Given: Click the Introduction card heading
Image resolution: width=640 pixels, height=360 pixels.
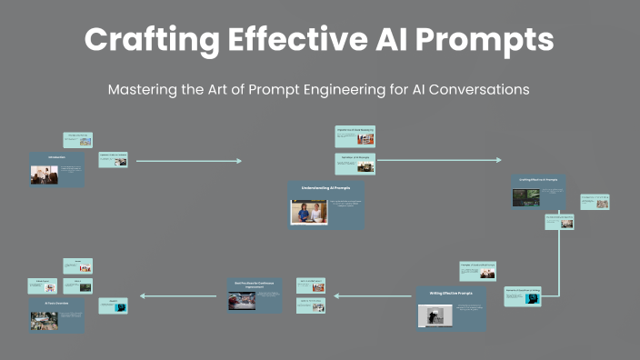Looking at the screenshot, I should click(56, 157).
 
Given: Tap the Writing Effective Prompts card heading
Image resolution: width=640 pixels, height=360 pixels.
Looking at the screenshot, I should click(451, 293).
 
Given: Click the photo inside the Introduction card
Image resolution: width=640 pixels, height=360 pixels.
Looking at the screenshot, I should click(45, 175).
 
